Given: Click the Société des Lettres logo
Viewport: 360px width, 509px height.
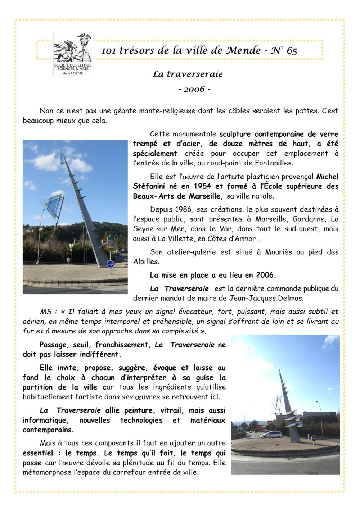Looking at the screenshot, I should (x=73, y=54).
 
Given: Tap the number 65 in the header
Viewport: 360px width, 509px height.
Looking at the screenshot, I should (x=292, y=51).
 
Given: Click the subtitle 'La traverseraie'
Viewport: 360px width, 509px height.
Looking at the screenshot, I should (x=188, y=74).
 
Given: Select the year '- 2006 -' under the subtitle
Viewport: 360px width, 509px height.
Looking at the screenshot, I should (x=194, y=89).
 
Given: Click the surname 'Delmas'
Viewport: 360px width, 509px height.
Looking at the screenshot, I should (x=291, y=298).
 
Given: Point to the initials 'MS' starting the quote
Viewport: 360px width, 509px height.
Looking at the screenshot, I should (x=46, y=312).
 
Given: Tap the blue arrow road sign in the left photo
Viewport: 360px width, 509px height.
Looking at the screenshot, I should (x=111, y=264).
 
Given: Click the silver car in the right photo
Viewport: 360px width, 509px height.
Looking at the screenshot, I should (x=271, y=435).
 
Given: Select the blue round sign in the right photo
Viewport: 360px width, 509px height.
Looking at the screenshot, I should (x=314, y=438).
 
